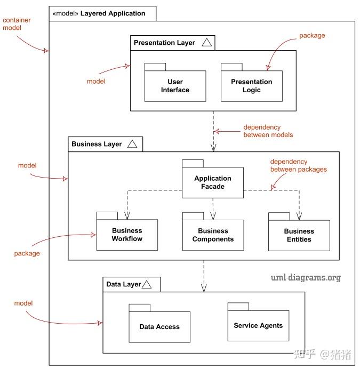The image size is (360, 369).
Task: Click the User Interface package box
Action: pyautogui.click(x=175, y=86)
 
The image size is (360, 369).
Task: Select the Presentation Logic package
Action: pyautogui.click(x=251, y=86)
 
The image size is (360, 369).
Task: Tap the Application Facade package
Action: pyautogui.click(x=213, y=182)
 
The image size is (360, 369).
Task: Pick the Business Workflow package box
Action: pyautogui.click(x=127, y=235)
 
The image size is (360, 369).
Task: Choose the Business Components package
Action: pyautogui.click(x=213, y=235)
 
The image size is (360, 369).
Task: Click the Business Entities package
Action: pyautogui.click(x=299, y=235)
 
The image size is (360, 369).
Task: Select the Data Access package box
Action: pyautogui.click(x=159, y=326)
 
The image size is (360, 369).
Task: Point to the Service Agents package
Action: pyautogui.click(x=258, y=325)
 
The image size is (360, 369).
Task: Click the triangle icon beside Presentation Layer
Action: pyautogui.click(x=207, y=43)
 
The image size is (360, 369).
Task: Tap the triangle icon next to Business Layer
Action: pyautogui.click(x=133, y=144)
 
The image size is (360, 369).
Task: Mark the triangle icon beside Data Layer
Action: pyautogui.click(x=147, y=285)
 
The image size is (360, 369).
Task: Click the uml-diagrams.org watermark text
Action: pyautogui.click(x=305, y=277)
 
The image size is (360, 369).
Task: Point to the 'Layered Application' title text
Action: pyautogui.click(x=113, y=13)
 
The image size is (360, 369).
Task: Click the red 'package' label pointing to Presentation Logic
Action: pyautogui.click(x=312, y=36)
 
